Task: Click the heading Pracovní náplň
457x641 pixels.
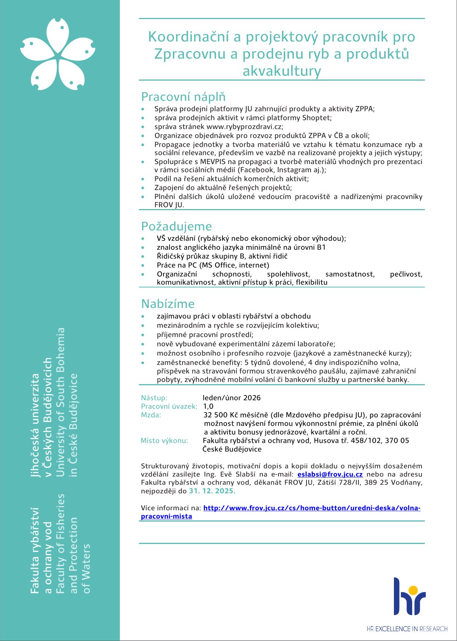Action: coord(183,97)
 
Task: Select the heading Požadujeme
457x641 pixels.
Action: coord(176,227)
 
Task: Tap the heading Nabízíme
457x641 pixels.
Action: coord(168,304)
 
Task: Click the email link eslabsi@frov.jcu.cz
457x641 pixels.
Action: coord(330,474)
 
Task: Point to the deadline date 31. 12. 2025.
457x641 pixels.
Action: coord(212,491)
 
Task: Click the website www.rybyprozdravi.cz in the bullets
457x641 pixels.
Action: coord(244,127)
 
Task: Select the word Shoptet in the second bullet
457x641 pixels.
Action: coord(317,118)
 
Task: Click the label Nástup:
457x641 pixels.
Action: coord(154,398)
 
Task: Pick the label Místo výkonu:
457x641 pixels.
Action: coord(164,441)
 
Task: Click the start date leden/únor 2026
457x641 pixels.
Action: coord(231,398)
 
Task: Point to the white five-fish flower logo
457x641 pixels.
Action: coord(58,54)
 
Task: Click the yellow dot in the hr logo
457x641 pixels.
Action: coord(413,590)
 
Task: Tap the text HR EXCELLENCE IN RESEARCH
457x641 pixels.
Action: coord(407,629)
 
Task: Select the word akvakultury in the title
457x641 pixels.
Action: coord(282,71)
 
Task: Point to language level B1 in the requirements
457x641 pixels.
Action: coord(321,248)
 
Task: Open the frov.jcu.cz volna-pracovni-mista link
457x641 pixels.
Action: coord(311,508)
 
